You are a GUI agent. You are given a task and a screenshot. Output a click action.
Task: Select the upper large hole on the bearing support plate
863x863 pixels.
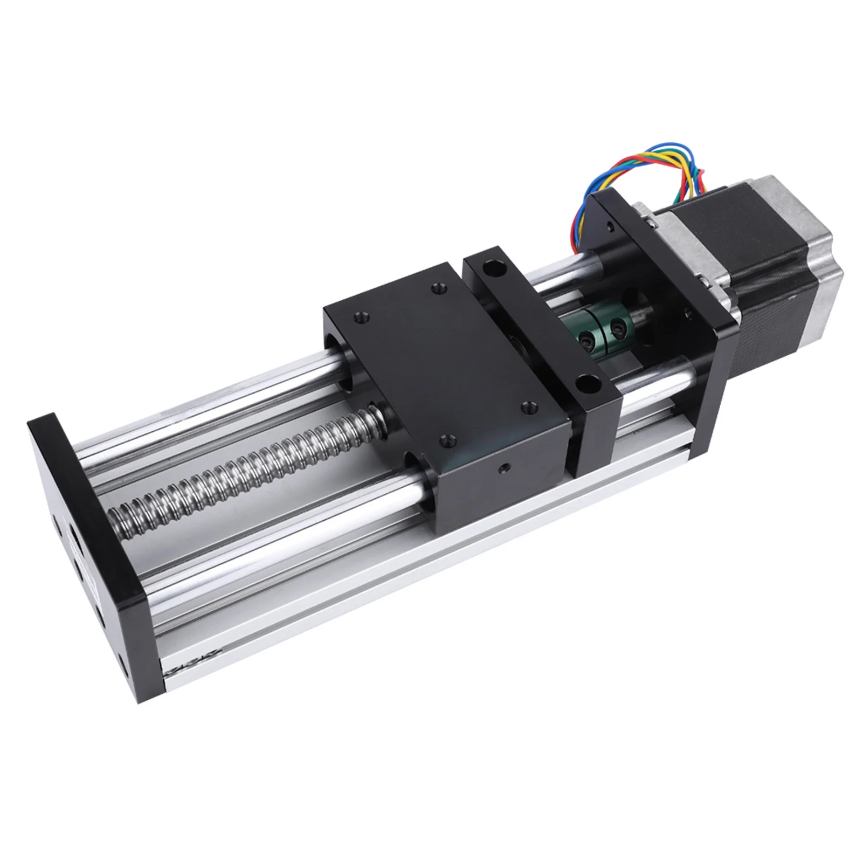[x=491, y=266]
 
